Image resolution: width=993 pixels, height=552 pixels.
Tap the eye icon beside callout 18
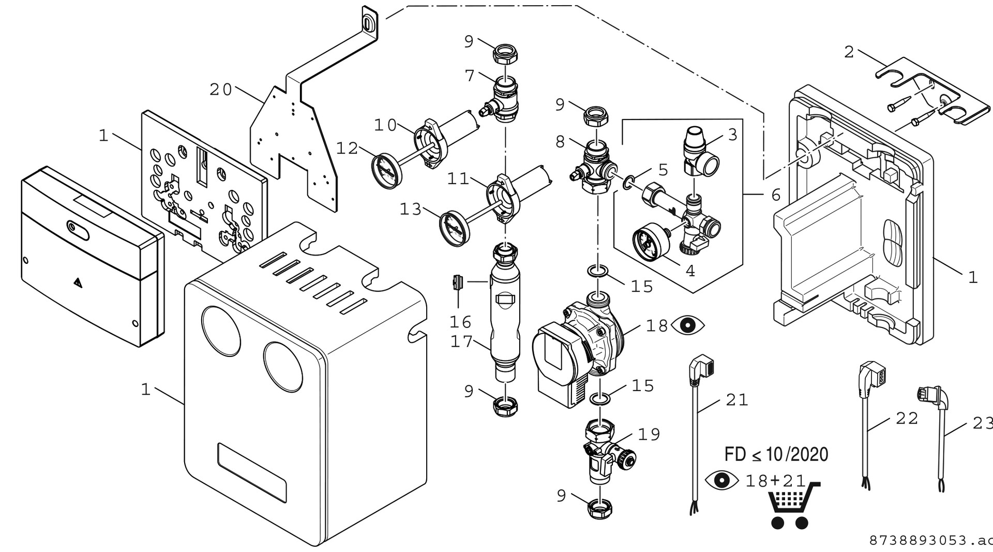pyautogui.click(x=688, y=325)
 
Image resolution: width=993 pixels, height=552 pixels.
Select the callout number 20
pyautogui.click(x=221, y=89)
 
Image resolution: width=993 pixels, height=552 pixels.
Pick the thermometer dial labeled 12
pyautogui.click(x=386, y=167)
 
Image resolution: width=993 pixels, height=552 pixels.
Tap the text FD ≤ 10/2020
pyautogui.click(x=776, y=454)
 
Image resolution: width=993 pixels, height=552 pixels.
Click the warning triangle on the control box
pyautogui.click(x=77, y=282)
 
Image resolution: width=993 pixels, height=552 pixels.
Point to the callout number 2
pyautogui.click(x=849, y=52)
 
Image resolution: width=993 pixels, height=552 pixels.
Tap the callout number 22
pyautogui.click(x=907, y=418)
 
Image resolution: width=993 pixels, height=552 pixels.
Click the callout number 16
pyautogui.click(x=460, y=322)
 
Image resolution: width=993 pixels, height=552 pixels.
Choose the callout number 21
pyautogui.click(x=737, y=400)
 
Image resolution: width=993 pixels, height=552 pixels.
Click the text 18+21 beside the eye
pyautogui.click(x=775, y=481)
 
